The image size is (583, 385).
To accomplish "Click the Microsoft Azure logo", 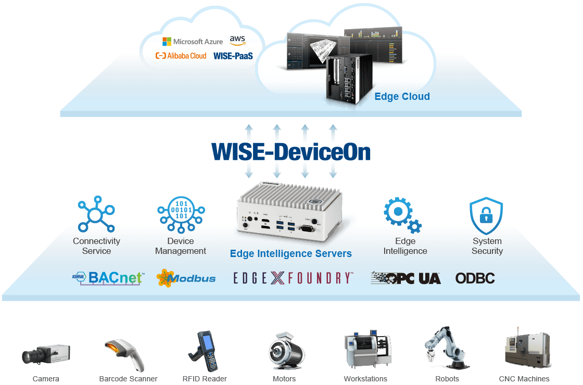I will [193, 41].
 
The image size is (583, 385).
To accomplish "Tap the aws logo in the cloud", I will [237, 40].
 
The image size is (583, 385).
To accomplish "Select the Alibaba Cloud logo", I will [181, 56].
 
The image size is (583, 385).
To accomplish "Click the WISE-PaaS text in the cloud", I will [233, 56].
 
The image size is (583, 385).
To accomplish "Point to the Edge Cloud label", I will [402, 96].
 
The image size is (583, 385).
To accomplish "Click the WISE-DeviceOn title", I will [291, 151].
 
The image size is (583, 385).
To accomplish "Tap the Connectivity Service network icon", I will [96, 214].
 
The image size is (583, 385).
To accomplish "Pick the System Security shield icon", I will [486, 215].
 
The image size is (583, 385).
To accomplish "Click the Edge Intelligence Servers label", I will [291, 254].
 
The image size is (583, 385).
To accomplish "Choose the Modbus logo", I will [186, 278].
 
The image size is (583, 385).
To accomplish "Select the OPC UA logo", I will [405, 278].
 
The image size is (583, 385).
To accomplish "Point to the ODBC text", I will [475, 278].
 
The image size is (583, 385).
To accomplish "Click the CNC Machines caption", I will [524, 379].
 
